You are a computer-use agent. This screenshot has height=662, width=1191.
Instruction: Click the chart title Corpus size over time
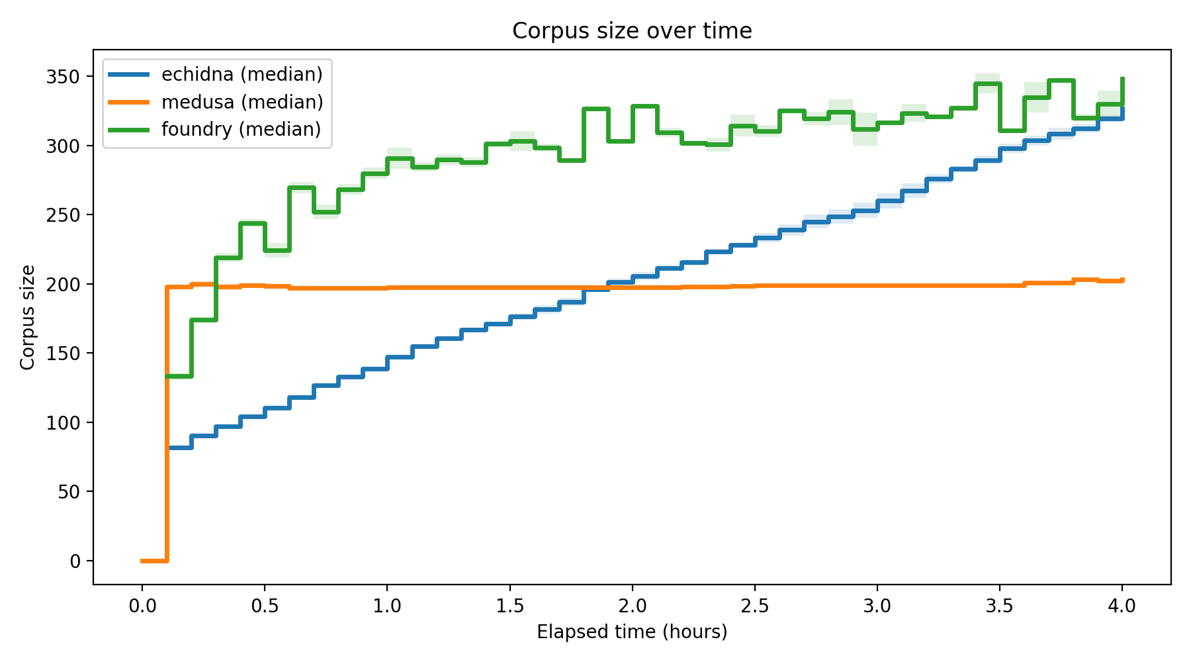pyautogui.click(x=632, y=31)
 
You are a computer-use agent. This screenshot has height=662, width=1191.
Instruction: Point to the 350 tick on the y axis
pyautogui.click(x=63, y=77)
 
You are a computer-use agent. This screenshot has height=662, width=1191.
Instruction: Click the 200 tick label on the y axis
pyautogui.click(x=63, y=285)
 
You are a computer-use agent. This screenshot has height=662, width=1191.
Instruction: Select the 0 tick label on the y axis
pyautogui.click(x=75, y=561)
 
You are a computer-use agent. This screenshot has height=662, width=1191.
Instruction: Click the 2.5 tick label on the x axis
pyautogui.click(x=754, y=606)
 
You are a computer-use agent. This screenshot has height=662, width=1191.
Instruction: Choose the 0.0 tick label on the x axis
pyautogui.click(x=142, y=606)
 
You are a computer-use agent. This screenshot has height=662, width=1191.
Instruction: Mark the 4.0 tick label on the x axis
pyautogui.click(x=1122, y=606)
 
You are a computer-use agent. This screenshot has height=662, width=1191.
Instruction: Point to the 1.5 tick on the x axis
pyautogui.click(x=509, y=606)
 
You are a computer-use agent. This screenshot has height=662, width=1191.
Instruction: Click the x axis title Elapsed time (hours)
pyautogui.click(x=632, y=632)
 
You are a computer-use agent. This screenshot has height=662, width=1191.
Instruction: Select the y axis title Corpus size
pyautogui.click(x=28, y=317)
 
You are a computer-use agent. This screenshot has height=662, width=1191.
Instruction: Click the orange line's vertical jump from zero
pyautogui.click(x=167, y=424)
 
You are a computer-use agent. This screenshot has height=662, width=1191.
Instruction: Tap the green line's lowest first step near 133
pyautogui.click(x=179, y=376)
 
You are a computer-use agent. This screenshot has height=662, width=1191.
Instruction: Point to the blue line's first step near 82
pyautogui.click(x=179, y=448)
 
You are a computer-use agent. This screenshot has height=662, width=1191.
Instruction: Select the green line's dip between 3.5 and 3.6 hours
pyautogui.click(x=1012, y=130)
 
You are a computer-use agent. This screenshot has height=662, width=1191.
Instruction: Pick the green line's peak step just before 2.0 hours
pyautogui.click(x=596, y=109)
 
